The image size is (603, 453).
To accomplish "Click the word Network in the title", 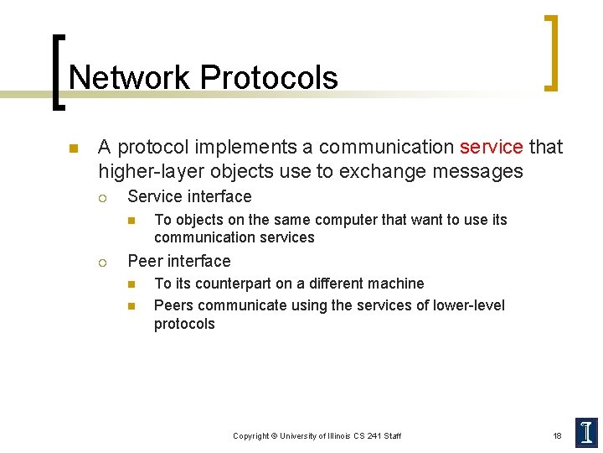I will (x=130, y=78).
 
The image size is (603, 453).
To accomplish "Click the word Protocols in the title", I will (x=269, y=78).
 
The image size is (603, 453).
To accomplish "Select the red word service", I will (x=491, y=147).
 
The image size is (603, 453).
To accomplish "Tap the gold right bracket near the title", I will (x=550, y=52).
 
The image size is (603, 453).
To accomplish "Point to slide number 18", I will (x=557, y=435).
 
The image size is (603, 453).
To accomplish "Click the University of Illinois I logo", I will (x=586, y=432).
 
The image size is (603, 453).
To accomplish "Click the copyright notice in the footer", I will (x=317, y=435).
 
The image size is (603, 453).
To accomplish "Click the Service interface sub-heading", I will (x=189, y=197).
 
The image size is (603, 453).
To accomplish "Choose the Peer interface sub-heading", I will (x=178, y=261).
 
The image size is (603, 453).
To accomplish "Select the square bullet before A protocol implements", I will (x=73, y=149).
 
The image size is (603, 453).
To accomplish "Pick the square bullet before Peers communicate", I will (x=131, y=306).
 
